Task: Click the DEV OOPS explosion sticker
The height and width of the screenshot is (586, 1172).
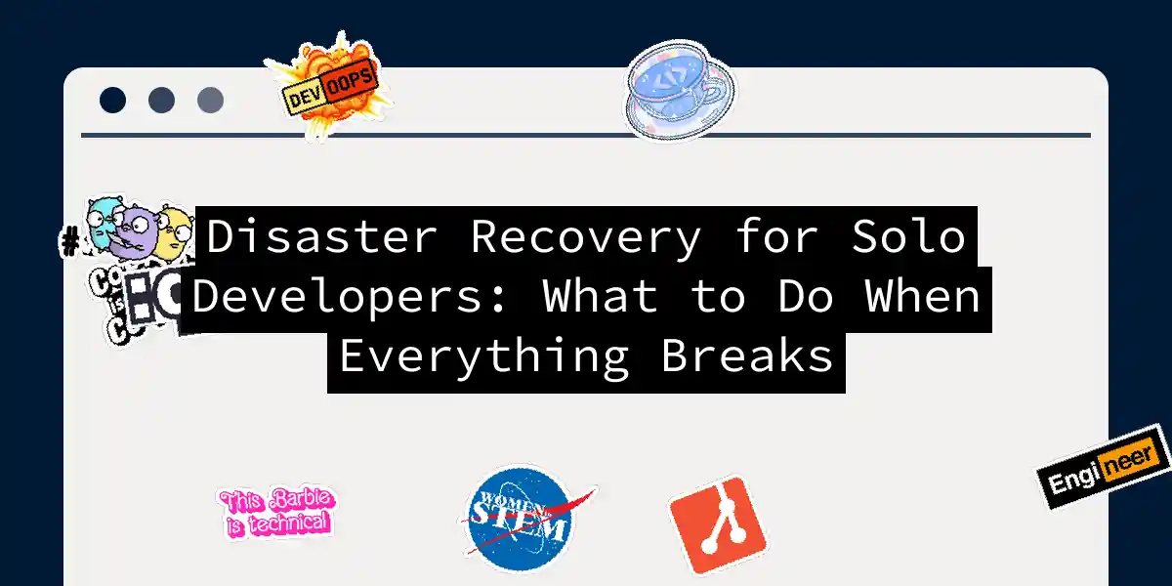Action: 329,90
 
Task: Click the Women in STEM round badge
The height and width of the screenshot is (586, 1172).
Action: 517,519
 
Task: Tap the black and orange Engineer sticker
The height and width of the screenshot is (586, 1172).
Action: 1104,467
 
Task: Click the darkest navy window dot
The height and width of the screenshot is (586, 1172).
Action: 113,100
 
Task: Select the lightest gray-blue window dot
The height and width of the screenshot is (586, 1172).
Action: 210,100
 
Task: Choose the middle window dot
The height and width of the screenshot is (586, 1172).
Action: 161,100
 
